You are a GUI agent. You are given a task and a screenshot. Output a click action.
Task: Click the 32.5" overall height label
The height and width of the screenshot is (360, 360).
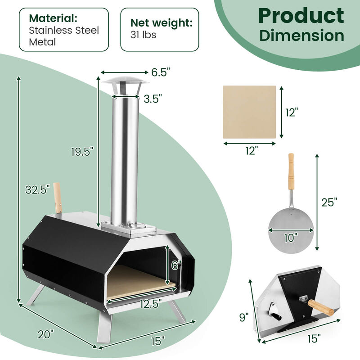[x=37, y=190]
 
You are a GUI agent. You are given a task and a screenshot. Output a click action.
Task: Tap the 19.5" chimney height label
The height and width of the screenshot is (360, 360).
[x=82, y=152]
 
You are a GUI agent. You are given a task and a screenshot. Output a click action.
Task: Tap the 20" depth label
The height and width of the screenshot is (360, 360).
[x=46, y=334]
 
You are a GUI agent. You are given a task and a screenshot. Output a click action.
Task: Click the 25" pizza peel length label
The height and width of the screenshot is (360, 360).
[x=329, y=202]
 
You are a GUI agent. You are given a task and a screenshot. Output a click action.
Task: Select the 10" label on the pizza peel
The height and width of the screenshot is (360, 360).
[x=291, y=238]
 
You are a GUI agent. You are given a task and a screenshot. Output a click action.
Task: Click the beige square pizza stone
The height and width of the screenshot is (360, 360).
[x=250, y=112]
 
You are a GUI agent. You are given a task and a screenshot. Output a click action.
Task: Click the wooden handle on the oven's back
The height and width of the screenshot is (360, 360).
[x=58, y=198]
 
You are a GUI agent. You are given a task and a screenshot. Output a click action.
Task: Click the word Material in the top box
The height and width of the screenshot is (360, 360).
[x=54, y=19]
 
